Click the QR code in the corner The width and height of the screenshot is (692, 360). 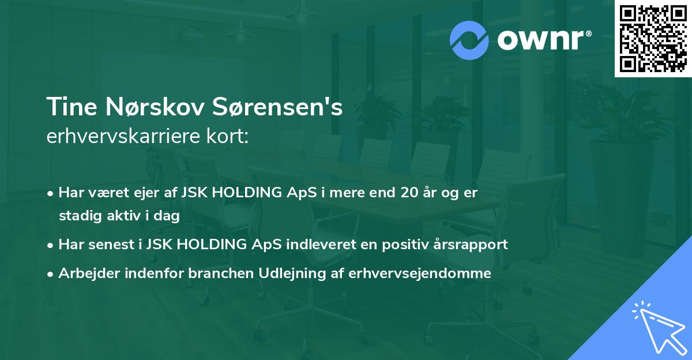(653, 38)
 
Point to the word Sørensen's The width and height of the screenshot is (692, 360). (280, 107)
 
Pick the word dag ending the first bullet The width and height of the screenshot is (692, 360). (168, 216)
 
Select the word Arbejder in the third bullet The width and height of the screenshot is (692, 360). (86, 273)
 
